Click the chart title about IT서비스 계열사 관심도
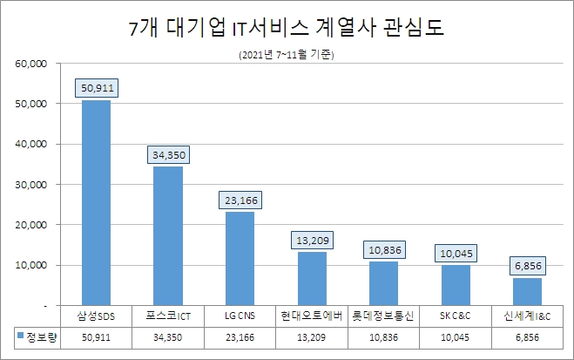(x=287, y=27)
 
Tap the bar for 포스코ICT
(x=168, y=235)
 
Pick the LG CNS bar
(x=240, y=258)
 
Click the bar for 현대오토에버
(x=312, y=278)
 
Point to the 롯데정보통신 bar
(x=383, y=283)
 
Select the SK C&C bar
(x=456, y=285)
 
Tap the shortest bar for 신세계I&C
(x=527, y=291)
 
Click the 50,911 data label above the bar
(x=96, y=88)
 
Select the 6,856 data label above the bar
(x=527, y=265)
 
